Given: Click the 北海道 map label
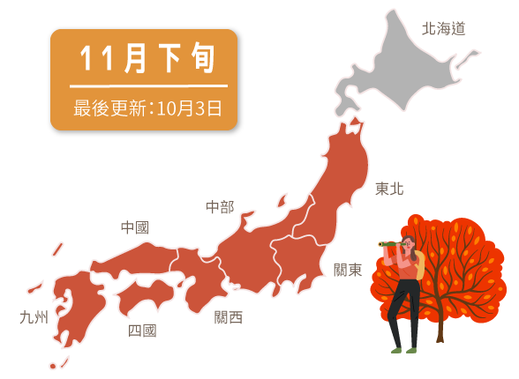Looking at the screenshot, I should click(x=443, y=28).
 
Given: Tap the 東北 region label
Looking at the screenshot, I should click(x=389, y=189).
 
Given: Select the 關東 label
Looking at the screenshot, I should click(x=348, y=270).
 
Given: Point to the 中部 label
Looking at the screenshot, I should click(x=220, y=207).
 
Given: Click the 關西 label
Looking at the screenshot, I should click(x=228, y=317).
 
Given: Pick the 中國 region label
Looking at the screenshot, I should click(x=134, y=227).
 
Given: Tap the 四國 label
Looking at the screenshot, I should click(x=142, y=331).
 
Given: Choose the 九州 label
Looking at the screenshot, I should click(x=34, y=317).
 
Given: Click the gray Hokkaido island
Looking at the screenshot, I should click(x=397, y=66).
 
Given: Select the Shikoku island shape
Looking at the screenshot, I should click(x=146, y=295).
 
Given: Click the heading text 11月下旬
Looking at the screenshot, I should click(x=147, y=58).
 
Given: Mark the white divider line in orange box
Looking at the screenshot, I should click(x=147, y=85).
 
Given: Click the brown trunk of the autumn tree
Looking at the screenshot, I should click(x=439, y=328).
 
